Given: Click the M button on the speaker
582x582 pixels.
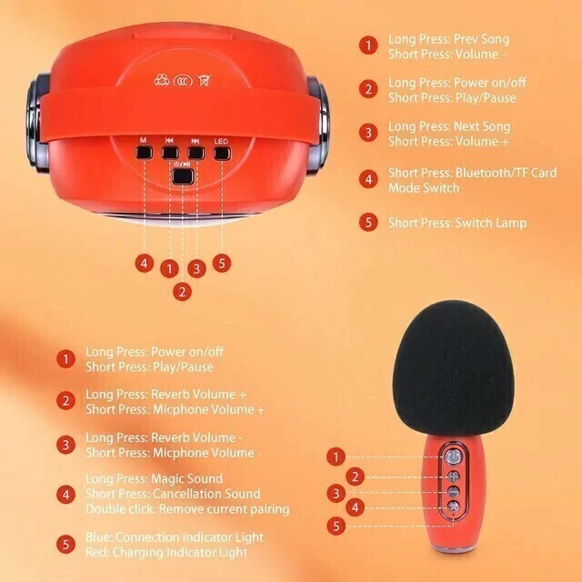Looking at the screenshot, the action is click(x=144, y=153).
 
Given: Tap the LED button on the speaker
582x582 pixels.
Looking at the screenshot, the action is click(x=222, y=153).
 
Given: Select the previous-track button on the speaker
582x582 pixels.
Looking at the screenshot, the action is click(x=170, y=153).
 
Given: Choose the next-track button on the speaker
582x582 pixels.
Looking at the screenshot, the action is click(x=196, y=153).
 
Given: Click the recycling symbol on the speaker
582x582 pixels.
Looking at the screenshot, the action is click(x=162, y=80).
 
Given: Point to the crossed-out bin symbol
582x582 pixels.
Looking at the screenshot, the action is click(x=204, y=80).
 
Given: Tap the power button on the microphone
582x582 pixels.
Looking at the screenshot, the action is click(x=453, y=457).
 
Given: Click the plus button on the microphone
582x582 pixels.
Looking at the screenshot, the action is click(x=453, y=477).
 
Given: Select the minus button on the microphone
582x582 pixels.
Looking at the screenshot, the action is click(x=453, y=492).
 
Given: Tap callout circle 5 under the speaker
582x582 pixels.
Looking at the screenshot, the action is click(x=222, y=263).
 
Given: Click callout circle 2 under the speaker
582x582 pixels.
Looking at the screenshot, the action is click(x=182, y=292).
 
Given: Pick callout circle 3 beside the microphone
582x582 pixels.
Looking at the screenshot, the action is click(x=336, y=494).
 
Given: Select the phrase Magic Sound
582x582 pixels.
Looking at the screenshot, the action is click(x=187, y=479).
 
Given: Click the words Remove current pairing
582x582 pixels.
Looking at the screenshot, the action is click(x=225, y=509).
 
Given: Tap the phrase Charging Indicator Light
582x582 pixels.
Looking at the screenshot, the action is click(x=180, y=552).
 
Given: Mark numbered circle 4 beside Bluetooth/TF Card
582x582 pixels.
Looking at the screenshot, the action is click(x=368, y=179).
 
